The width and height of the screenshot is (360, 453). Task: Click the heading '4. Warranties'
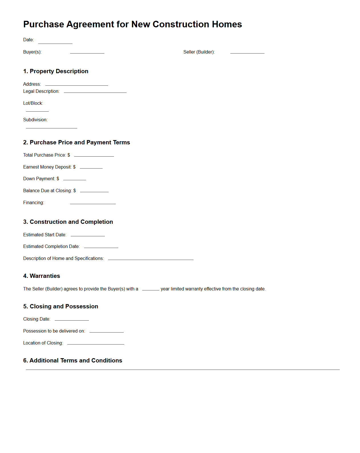pos(42,276)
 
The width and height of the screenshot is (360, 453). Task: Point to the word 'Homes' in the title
pos(227,24)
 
